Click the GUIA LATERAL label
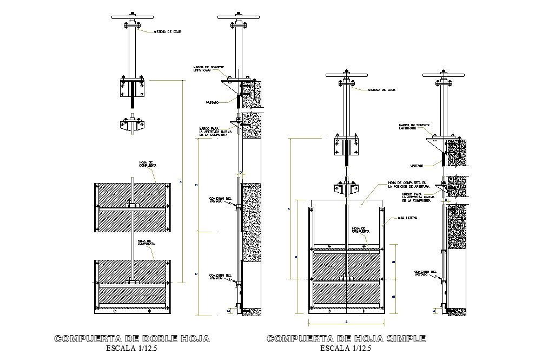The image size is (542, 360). point(409,218)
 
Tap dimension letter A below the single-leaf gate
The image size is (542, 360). point(346,322)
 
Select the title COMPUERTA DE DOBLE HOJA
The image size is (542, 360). point(133,339)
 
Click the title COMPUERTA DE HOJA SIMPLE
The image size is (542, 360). point(346,339)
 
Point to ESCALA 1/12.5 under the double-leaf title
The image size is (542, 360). point(133,348)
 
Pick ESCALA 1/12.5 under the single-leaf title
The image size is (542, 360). point(346,348)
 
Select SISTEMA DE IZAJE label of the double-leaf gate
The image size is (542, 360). point(167,32)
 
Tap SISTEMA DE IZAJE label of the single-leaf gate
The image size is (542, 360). point(382,90)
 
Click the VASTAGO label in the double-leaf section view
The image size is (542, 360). point(211,102)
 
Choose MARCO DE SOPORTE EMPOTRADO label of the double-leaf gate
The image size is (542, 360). point(205,69)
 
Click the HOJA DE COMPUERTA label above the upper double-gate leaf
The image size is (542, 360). point(147,163)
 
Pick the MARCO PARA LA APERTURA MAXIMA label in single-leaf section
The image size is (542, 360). point(419,198)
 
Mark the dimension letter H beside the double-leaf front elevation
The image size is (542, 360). point(181,181)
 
